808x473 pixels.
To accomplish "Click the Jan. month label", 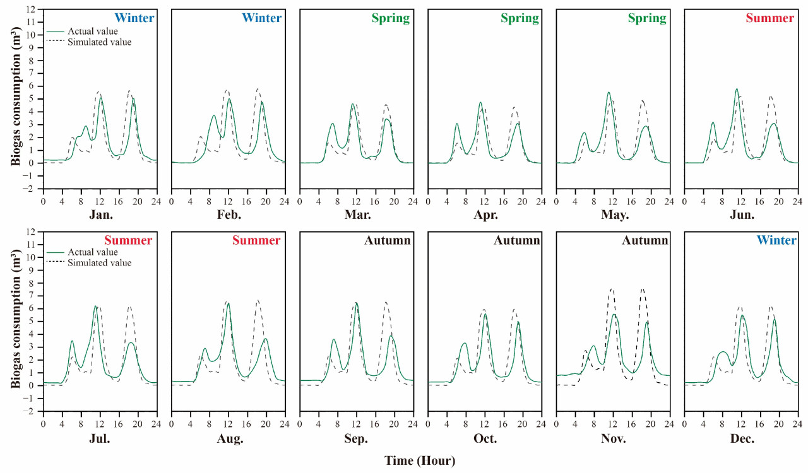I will pyautogui.click(x=101, y=215).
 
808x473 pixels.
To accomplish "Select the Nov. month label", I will pyautogui.click(x=614, y=439).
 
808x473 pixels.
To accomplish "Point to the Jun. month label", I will pyautogui.click(x=742, y=215).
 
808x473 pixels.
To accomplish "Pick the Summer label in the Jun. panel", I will pyautogui.click(x=769, y=18).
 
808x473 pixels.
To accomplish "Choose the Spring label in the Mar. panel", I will pyautogui.click(x=390, y=18).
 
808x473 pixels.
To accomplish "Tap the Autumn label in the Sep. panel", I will pyautogui.click(x=387, y=241).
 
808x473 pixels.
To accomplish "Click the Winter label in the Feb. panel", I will pyautogui.click(x=261, y=18).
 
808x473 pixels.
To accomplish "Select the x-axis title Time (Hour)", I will pyautogui.click(x=420, y=461).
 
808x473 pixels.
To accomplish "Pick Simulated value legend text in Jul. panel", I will pyautogui.click(x=99, y=263).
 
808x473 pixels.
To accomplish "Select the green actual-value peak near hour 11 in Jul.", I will pyautogui.click(x=95, y=307).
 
